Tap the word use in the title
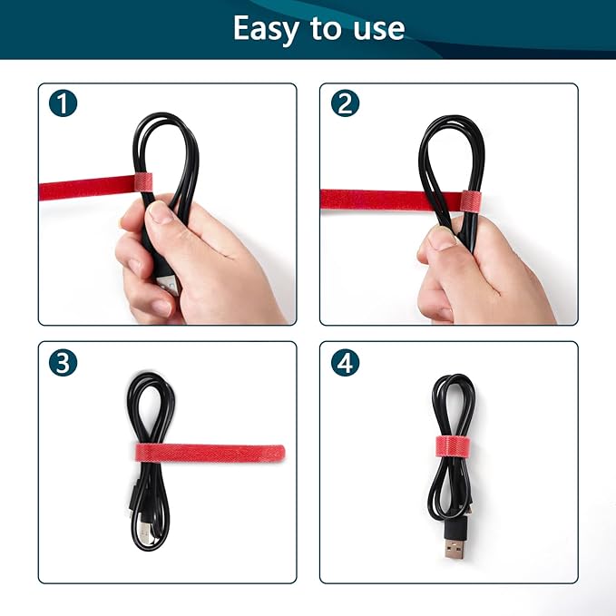tap(375, 30)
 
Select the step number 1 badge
tap(63, 103)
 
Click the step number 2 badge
tap(344, 103)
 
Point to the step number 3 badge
tap(63, 362)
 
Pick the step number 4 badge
tap(345, 362)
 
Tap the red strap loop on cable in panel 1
tap(142, 181)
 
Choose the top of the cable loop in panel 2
tap(451, 122)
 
